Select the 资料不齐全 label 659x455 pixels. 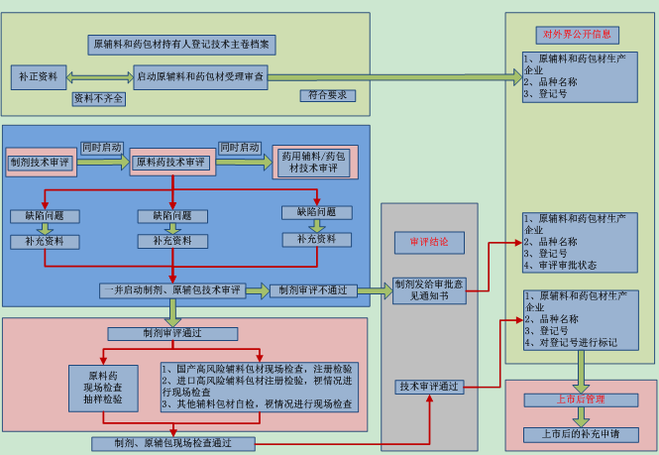(x=99, y=98)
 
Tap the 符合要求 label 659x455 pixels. (x=328, y=95)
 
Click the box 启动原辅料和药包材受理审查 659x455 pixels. (x=200, y=76)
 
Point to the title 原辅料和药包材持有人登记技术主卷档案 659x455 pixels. (x=182, y=45)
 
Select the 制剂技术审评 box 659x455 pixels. (x=39, y=162)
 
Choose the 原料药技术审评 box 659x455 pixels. (x=171, y=162)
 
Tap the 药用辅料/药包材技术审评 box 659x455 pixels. (x=314, y=162)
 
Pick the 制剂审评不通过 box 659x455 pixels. (x=313, y=290)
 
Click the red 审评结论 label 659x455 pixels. (x=429, y=241)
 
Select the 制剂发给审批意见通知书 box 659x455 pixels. (x=428, y=289)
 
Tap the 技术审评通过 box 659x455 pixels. (x=429, y=387)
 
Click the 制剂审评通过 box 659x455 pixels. (x=172, y=333)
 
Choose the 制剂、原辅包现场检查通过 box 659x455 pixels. (x=173, y=443)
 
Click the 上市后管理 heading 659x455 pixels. (x=580, y=399)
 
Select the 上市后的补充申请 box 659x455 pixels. (x=580, y=434)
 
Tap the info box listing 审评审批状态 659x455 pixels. (x=580, y=243)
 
